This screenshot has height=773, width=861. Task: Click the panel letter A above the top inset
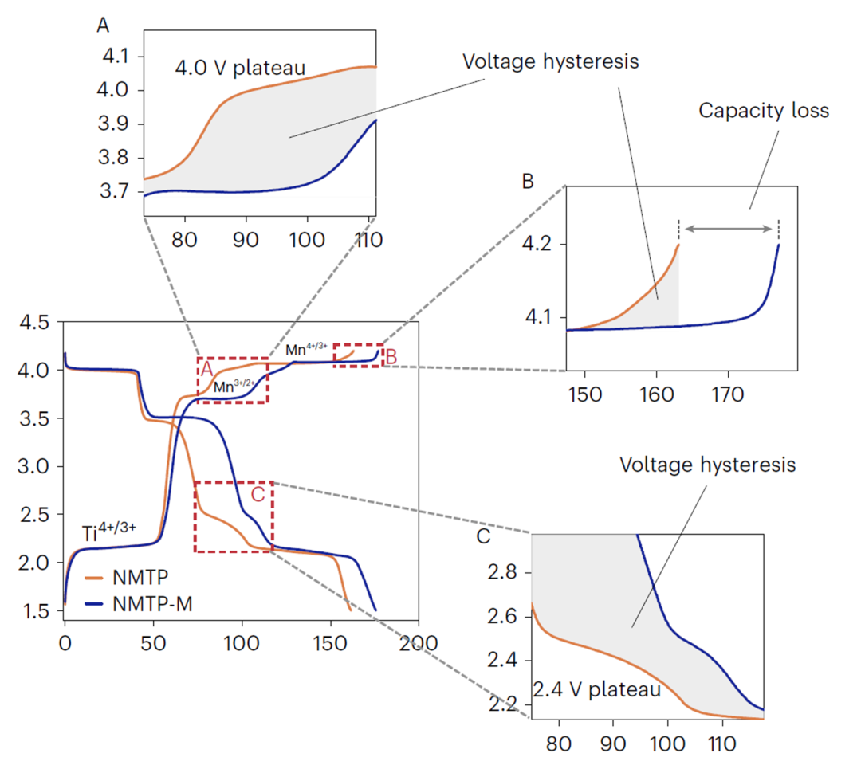[x=102, y=26]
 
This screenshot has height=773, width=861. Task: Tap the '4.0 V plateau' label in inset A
[x=240, y=69]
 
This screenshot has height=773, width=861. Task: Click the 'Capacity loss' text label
[x=763, y=111]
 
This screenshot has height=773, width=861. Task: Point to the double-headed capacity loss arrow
[x=731, y=230]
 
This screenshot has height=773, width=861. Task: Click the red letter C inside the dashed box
[x=258, y=494]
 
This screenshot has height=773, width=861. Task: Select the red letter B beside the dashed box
[x=391, y=355]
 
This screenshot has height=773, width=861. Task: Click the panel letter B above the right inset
[x=527, y=181]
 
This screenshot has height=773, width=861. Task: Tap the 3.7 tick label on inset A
[x=113, y=193]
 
